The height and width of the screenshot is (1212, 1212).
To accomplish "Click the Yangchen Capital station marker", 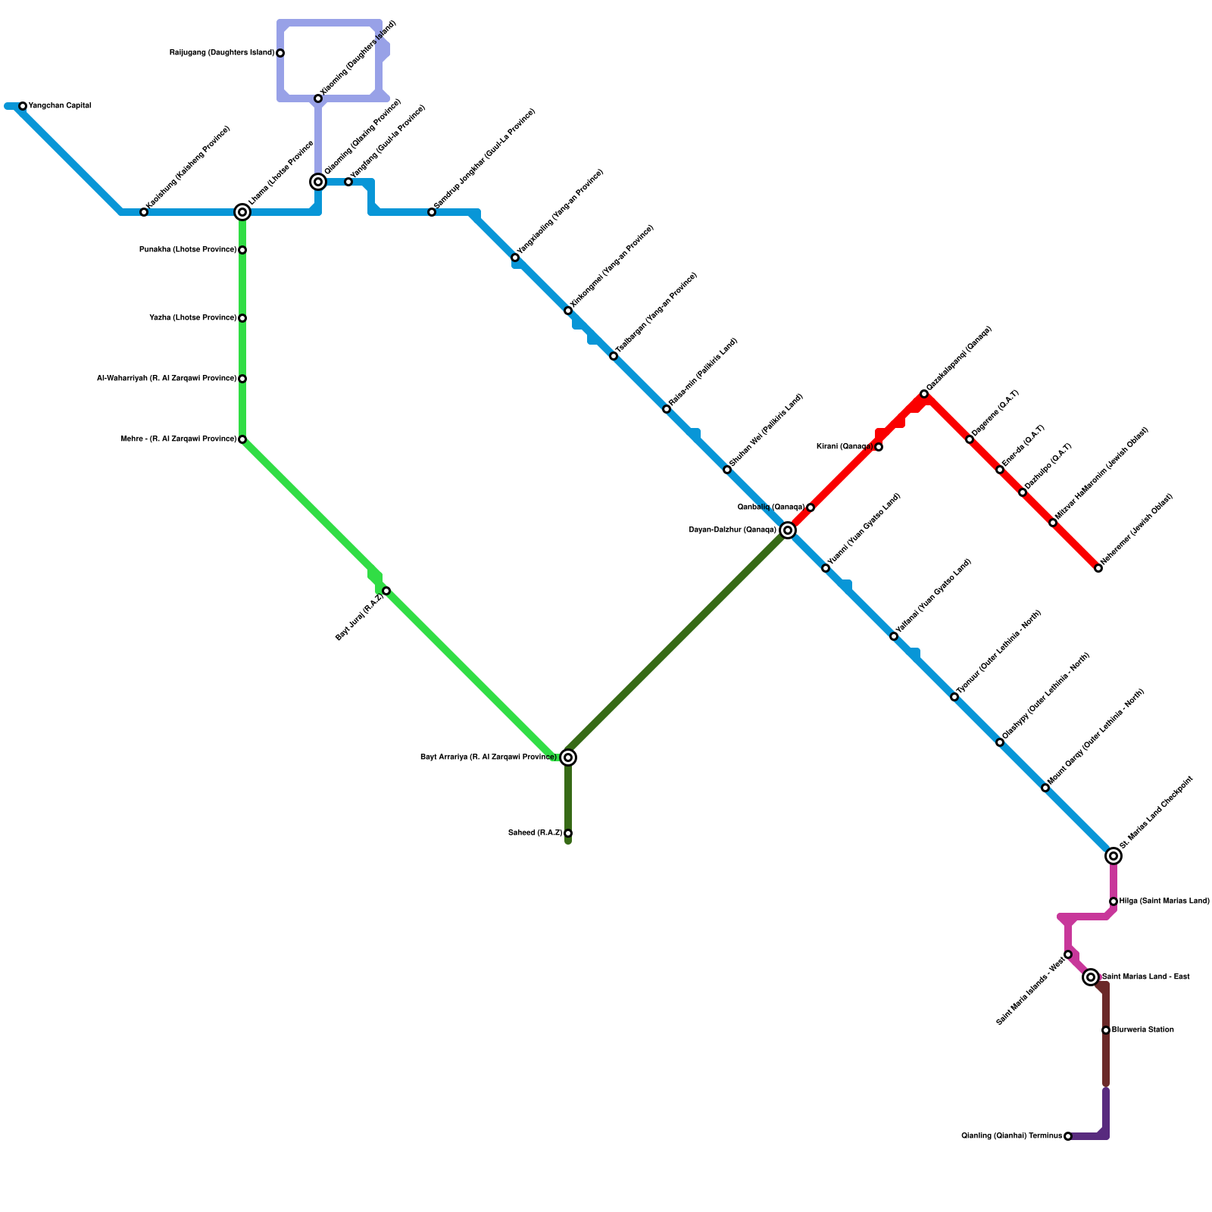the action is [23, 106].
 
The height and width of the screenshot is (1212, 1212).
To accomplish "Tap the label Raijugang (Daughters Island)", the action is [221, 53].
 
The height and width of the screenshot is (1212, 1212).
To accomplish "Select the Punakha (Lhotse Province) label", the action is [188, 250].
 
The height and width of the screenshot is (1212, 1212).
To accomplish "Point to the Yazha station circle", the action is [242, 318].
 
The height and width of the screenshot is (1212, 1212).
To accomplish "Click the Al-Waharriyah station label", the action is [167, 379].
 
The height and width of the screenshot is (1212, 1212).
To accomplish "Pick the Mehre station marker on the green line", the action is [242, 439].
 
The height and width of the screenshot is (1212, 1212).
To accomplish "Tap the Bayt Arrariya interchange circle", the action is [568, 757].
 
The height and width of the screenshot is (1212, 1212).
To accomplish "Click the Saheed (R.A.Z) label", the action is [535, 833].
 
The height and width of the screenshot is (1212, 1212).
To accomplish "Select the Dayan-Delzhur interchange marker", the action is [788, 530].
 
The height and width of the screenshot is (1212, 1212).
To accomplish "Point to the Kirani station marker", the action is [879, 447].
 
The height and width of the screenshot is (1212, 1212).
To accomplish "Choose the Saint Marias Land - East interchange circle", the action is [1091, 977].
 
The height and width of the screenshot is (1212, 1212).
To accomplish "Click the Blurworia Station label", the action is [1143, 1030].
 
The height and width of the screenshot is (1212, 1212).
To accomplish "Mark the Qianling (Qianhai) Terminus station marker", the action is [1068, 1136].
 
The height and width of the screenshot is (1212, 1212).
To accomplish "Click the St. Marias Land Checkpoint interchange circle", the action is [1114, 856].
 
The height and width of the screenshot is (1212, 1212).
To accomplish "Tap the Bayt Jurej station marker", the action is [386, 591].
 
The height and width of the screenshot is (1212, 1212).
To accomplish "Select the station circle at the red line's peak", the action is [924, 394].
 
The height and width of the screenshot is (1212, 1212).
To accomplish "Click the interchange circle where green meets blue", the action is [242, 212].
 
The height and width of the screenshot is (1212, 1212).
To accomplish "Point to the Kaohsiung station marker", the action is [144, 212].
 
